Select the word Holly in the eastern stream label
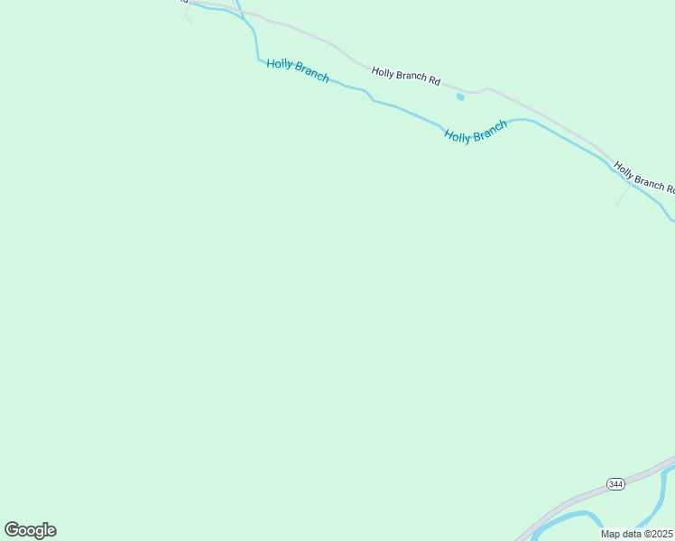click(x=458, y=136)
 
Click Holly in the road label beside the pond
click(x=384, y=72)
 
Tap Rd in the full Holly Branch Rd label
click(x=434, y=81)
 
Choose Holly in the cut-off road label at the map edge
click(x=624, y=170)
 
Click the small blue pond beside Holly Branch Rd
click(x=460, y=96)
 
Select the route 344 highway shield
click(x=615, y=484)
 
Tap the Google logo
click(x=31, y=530)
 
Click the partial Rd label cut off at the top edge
click(x=182, y=2)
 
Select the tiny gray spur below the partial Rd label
click(x=188, y=14)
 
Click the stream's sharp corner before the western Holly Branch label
click(x=259, y=60)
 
